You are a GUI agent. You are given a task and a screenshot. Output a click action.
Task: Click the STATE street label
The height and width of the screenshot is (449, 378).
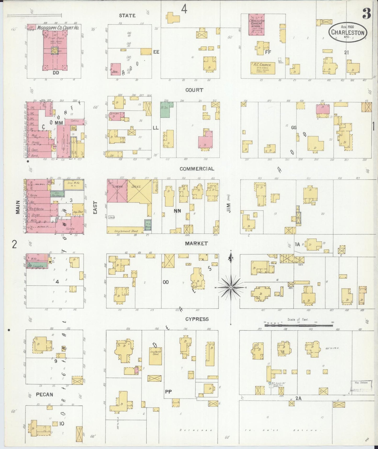[x=127, y=16]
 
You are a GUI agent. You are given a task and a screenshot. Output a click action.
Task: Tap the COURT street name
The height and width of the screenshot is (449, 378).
[x=194, y=90]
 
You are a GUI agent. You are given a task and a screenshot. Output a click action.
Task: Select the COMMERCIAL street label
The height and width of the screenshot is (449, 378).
[x=197, y=169]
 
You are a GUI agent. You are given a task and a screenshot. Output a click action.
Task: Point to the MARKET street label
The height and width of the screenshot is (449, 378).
[x=196, y=244]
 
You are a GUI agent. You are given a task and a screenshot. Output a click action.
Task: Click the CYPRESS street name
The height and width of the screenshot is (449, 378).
[x=197, y=319]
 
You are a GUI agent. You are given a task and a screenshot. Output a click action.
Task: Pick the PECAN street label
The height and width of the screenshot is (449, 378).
[x=44, y=395]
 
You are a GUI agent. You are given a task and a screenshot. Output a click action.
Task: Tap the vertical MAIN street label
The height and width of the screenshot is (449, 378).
[x=18, y=207]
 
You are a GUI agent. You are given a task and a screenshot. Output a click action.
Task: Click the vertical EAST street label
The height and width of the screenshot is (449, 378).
[x=95, y=207]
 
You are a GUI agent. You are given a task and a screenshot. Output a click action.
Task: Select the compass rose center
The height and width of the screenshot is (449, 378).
[x=231, y=288]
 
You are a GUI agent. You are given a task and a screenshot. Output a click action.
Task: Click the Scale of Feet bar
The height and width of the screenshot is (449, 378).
[x=298, y=325]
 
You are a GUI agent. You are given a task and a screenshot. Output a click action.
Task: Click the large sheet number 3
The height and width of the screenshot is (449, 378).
[x=367, y=14]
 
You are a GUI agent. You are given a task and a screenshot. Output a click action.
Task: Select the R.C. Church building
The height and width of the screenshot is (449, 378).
[x=263, y=68]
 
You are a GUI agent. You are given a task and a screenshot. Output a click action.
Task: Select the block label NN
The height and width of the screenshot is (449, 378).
[x=177, y=210]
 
